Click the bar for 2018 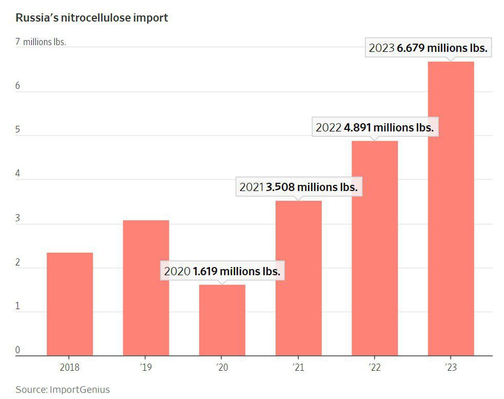[x=70, y=304]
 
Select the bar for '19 [x=146, y=288]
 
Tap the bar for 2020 [x=222, y=320]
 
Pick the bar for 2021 [x=298, y=278]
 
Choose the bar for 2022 [x=375, y=248]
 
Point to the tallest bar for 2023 [x=451, y=208]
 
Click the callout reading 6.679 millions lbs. [x=428, y=48]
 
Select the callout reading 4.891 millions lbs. [x=375, y=127]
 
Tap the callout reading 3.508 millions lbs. [x=298, y=187]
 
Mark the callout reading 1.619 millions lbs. [x=222, y=271]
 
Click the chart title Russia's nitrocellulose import [x=92, y=18]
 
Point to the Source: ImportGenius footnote [x=63, y=389]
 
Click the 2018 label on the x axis [x=70, y=367]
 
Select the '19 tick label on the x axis [x=146, y=367]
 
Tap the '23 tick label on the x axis [x=451, y=367]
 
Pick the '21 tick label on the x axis [x=298, y=367]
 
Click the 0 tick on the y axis [x=17, y=350]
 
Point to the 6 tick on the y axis [x=17, y=86]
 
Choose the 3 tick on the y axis [x=17, y=218]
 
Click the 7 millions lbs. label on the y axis [x=41, y=42]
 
